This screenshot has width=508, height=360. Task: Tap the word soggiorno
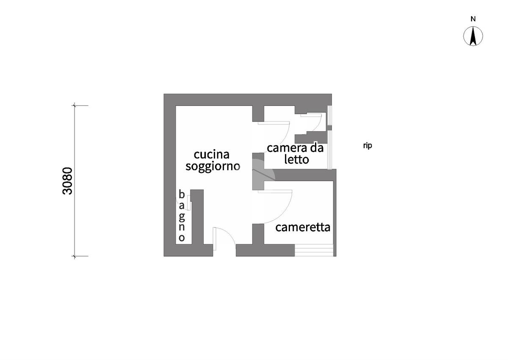213,166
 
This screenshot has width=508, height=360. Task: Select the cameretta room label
303,227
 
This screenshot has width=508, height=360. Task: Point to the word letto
296,160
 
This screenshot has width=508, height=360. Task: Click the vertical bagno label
182,216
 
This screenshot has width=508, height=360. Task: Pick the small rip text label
367,146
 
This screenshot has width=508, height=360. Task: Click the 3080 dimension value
67,180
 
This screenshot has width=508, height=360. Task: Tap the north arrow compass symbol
473,36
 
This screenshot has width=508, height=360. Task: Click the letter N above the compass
473,19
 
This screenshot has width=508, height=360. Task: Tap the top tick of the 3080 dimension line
75,105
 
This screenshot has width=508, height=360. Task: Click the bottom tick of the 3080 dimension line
75,256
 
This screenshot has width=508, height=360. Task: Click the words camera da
295,148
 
